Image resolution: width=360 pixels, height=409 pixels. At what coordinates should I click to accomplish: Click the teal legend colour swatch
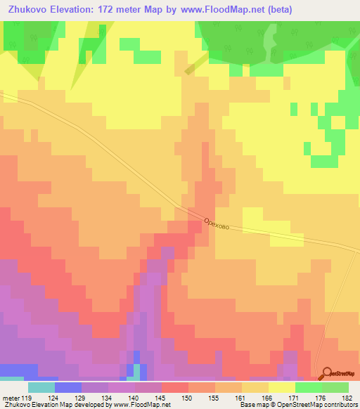pos(41,387)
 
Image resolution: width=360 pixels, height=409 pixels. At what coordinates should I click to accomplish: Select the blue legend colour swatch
pos(68,387)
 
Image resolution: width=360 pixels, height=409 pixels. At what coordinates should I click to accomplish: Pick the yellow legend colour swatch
pos(282,387)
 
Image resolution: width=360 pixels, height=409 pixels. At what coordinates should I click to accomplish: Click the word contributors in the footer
pos(341,405)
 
